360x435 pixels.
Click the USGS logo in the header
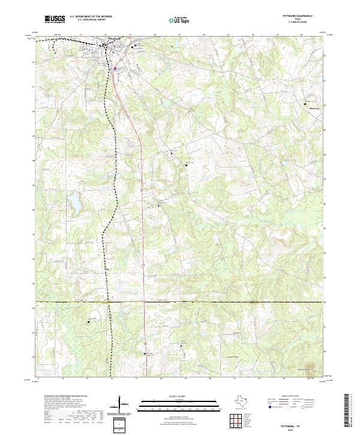point(55,20)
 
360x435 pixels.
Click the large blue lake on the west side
point(75,203)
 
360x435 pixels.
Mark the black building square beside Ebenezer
point(305,104)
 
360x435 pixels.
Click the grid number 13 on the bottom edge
point(38,379)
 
